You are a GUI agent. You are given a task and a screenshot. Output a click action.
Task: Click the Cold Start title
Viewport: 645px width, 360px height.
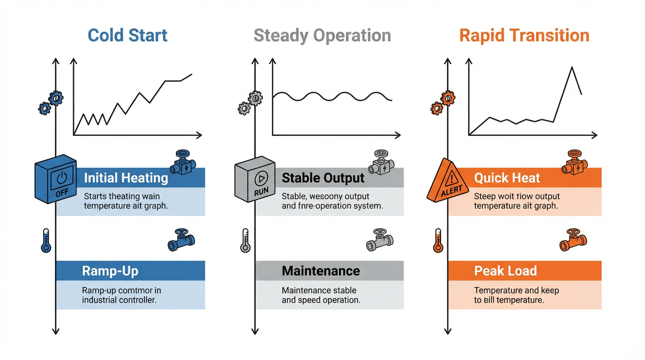tap(127, 36)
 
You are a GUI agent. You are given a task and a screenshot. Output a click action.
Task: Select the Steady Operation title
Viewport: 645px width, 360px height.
tap(322, 36)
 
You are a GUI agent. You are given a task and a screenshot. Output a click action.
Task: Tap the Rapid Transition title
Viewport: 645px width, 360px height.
tap(524, 36)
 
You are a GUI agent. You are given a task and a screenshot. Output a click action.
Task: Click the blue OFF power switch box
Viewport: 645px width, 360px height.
tap(55, 179)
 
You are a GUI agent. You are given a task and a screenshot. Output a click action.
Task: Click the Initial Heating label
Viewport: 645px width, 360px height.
tap(126, 178)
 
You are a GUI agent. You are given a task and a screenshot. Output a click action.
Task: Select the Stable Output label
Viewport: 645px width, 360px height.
tap(323, 178)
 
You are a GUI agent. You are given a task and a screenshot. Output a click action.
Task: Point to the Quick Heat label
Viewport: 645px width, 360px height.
tap(507, 178)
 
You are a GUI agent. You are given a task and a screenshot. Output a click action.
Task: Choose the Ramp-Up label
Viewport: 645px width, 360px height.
tap(110, 271)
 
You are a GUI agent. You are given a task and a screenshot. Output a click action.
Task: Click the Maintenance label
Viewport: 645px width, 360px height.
tap(321, 271)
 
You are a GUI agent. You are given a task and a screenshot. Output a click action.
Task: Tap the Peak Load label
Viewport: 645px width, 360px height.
tap(505, 271)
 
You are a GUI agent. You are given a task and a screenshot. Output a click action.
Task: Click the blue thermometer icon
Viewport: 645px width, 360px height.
tap(46, 240)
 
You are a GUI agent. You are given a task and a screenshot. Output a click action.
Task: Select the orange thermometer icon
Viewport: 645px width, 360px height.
tap(438, 240)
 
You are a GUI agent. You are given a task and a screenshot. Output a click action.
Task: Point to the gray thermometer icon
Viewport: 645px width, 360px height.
tap(246, 240)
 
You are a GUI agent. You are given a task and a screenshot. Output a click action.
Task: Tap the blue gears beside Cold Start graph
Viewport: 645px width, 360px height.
tap(51, 103)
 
